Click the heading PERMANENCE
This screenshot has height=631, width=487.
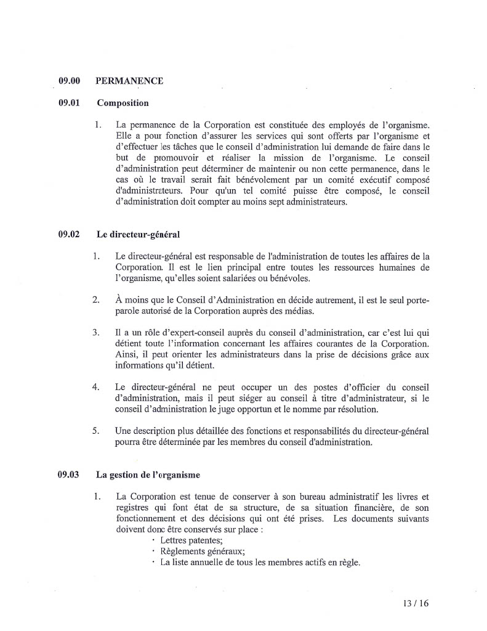click(x=129, y=81)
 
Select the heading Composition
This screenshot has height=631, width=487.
click(x=123, y=103)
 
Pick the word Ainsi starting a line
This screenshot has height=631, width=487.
click(x=127, y=354)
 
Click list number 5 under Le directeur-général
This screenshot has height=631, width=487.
click(x=96, y=431)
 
